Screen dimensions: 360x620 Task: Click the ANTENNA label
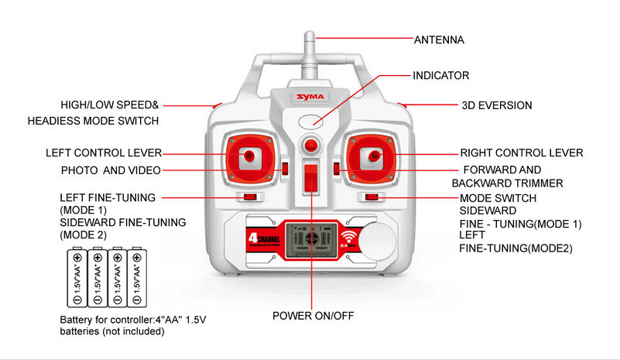pyautogui.click(x=439, y=39)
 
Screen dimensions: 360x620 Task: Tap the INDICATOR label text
pyautogui.click(x=441, y=75)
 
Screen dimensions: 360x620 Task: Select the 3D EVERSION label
pyautogui.click(x=496, y=105)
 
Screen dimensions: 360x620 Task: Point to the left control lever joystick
pyautogui.click(x=249, y=156)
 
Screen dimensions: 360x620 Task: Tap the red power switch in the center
pyautogui.click(x=310, y=179)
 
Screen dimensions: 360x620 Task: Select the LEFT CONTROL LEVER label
pyautogui.click(x=104, y=153)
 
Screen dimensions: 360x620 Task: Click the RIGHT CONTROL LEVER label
pyautogui.click(x=522, y=153)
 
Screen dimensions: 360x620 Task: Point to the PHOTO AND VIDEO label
pyautogui.click(x=111, y=170)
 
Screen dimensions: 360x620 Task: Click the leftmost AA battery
pyautogui.click(x=77, y=277)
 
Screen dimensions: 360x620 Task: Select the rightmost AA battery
pyautogui.click(x=137, y=277)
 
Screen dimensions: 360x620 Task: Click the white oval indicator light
pyautogui.click(x=311, y=122)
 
